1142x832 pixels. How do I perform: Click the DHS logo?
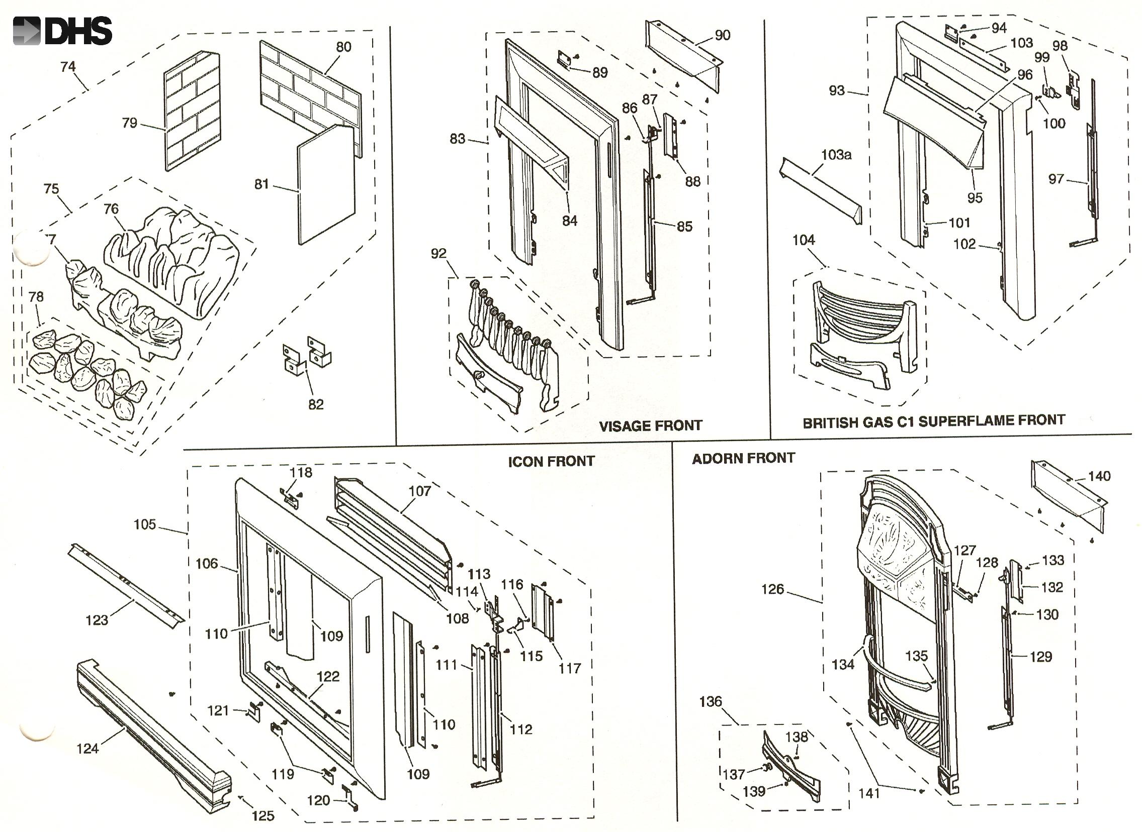(x=62, y=31)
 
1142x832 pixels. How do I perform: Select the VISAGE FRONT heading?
(x=650, y=426)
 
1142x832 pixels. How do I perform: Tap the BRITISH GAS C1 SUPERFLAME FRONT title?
(x=933, y=421)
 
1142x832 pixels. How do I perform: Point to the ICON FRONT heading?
(x=551, y=462)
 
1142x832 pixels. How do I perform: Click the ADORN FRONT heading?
(x=743, y=458)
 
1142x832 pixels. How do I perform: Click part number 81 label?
(x=261, y=184)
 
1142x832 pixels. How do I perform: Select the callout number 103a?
(x=836, y=155)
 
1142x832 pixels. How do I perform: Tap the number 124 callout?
(x=87, y=749)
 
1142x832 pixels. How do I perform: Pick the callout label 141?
(x=869, y=793)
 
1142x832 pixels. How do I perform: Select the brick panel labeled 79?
(x=193, y=111)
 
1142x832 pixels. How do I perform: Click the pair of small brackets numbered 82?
(x=306, y=355)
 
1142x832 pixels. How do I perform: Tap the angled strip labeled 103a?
(x=822, y=191)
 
